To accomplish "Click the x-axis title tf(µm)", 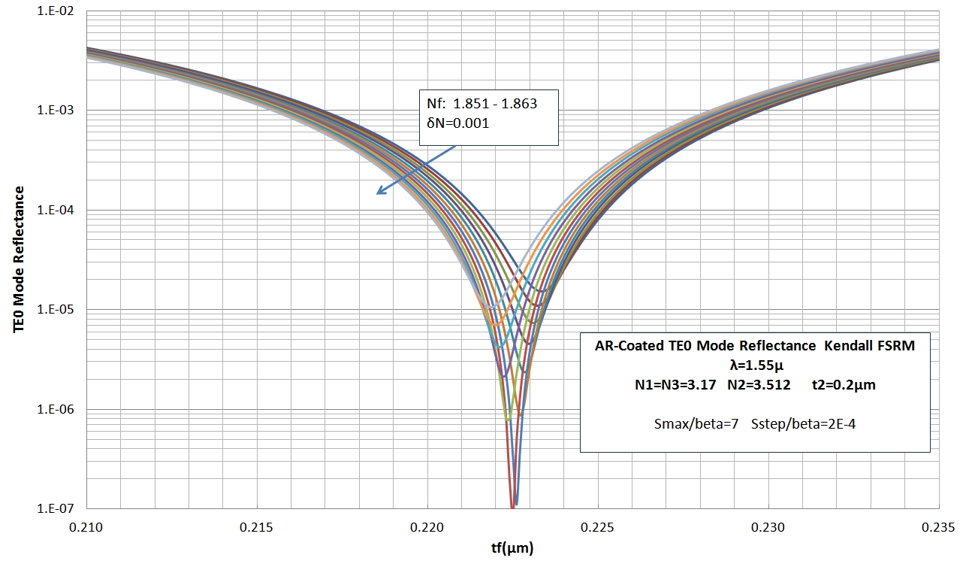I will (x=512, y=549).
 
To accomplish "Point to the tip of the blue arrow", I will (x=377, y=194).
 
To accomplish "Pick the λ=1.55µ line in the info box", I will (x=754, y=365).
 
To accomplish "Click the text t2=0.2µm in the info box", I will (x=844, y=385).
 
